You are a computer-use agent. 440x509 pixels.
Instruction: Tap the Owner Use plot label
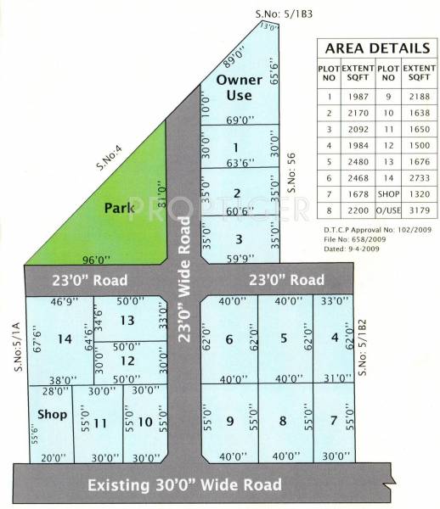(x=233, y=88)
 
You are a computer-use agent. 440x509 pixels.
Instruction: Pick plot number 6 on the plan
(x=228, y=339)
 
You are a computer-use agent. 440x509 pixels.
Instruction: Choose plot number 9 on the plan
(x=229, y=421)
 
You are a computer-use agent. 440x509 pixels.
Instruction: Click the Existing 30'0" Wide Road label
(x=185, y=485)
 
